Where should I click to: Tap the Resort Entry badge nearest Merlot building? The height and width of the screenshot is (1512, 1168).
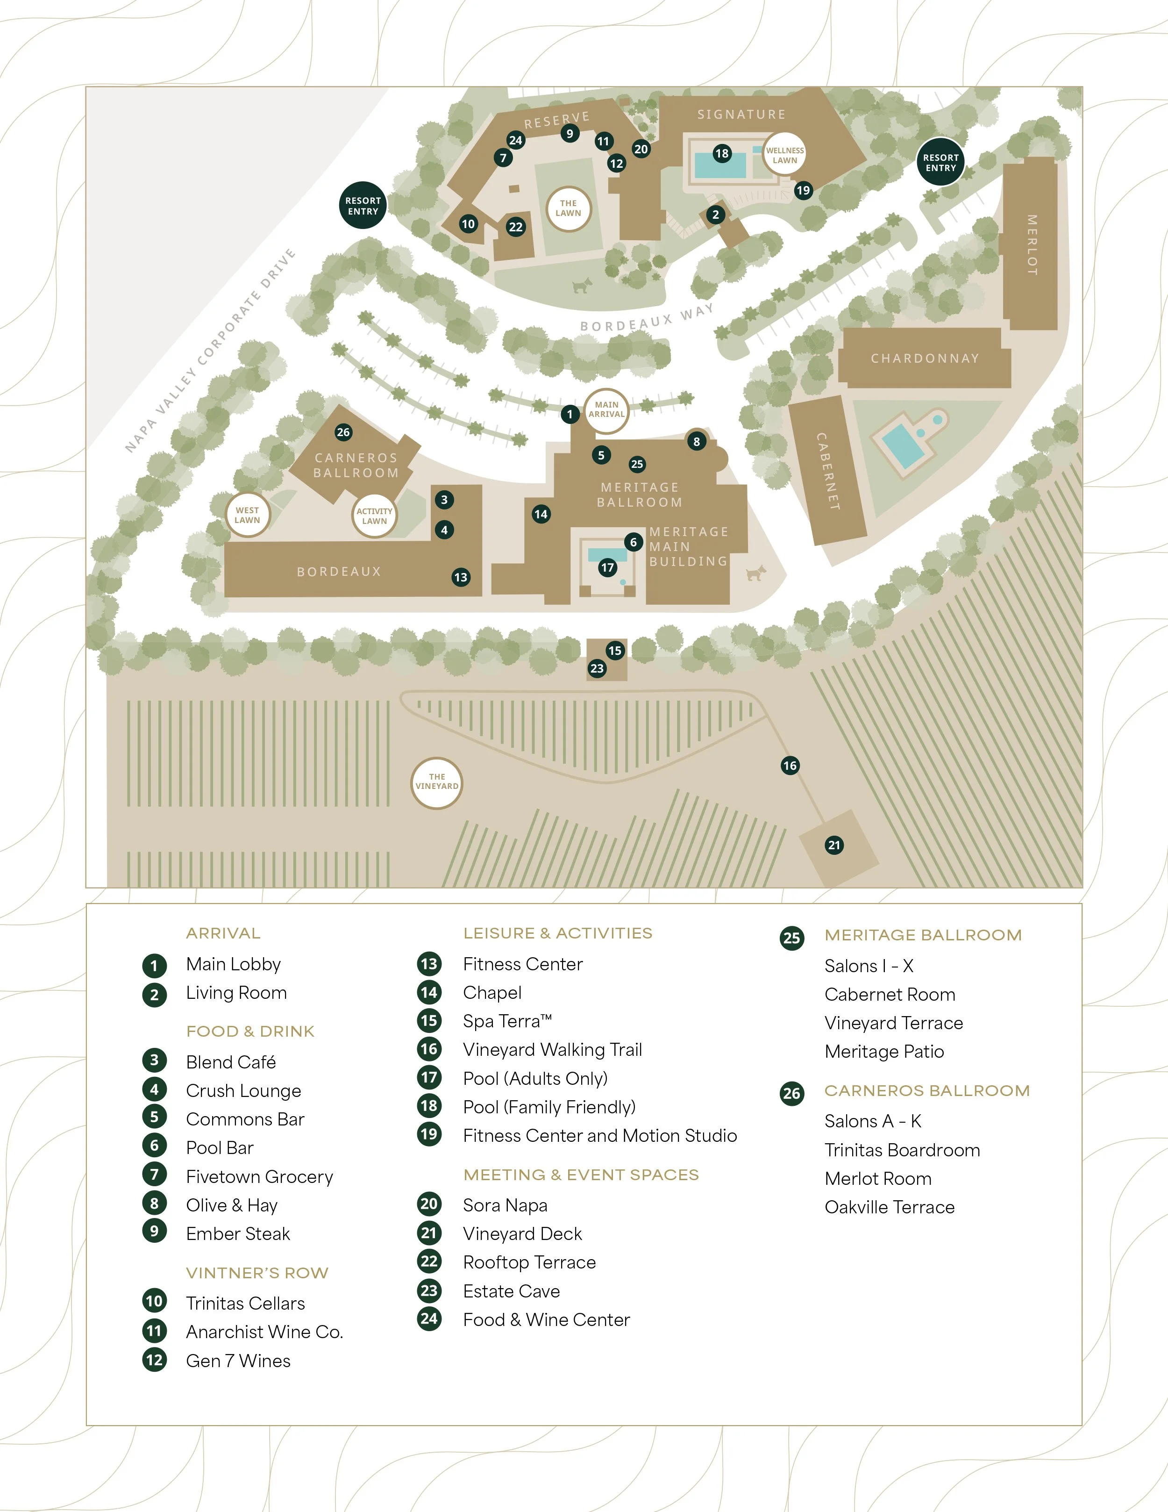[x=940, y=163]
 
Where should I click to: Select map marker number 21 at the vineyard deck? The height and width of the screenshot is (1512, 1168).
[x=834, y=845]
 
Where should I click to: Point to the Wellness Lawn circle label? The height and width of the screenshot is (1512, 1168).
[x=785, y=155]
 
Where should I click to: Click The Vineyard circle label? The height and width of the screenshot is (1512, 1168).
[x=437, y=781]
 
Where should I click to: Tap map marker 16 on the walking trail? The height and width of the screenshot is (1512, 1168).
[x=790, y=765]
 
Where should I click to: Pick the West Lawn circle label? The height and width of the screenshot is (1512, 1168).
[x=247, y=515]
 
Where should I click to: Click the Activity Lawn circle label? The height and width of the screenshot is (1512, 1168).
[x=374, y=516]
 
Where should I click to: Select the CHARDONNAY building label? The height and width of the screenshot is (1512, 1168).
[x=925, y=358]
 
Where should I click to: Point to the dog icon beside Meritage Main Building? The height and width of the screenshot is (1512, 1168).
[x=756, y=573]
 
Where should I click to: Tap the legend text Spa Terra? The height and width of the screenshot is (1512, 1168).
[x=507, y=1021]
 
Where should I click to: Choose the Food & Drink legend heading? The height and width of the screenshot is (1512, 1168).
[x=250, y=1031]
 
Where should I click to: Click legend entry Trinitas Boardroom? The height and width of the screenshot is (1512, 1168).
[x=902, y=1150]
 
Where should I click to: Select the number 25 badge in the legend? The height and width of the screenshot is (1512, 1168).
[x=791, y=938]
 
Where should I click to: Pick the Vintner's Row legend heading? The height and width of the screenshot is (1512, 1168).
[x=256, y=1272]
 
